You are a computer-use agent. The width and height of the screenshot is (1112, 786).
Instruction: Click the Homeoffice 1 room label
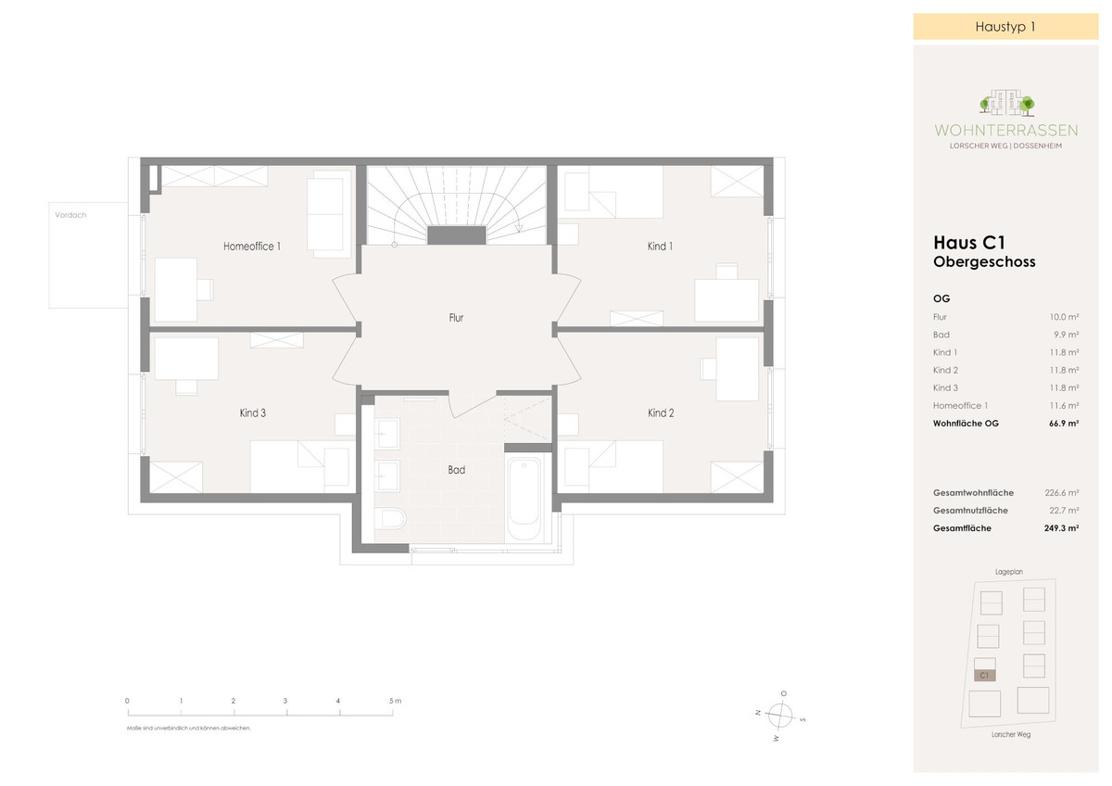click(x=252, y=247)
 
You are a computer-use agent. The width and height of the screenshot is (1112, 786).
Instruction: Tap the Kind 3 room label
click(x=253, y=413)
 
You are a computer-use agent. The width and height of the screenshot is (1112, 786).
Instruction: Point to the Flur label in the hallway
click(x=456, y=318)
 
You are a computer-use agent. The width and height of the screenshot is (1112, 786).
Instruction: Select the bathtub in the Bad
click(x=524, y=498)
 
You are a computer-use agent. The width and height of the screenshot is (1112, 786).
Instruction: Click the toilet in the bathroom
click(x=392, y=519)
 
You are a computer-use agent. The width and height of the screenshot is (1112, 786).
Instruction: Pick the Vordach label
click(x=70, y=215)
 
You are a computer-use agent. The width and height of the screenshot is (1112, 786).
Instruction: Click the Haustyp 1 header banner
click(x=1005, y=26)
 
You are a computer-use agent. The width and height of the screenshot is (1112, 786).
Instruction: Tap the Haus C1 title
click(x=969, y=243)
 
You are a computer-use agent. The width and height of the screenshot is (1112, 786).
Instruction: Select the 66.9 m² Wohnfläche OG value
click(x=1064, y=424)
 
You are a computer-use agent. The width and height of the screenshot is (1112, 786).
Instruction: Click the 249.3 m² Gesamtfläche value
click(x=1061, y=528)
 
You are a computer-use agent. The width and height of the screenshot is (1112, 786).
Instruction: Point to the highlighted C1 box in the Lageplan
click(x=984, y=676)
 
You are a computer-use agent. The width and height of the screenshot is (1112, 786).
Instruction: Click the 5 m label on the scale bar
click(x=395, y=701)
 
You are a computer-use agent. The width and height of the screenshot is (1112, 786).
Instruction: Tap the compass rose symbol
click(x=781, y=716)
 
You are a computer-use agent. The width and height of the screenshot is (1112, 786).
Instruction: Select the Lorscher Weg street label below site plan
click(x=1011, y=734)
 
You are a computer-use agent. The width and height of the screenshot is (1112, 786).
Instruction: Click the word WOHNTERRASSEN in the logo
click(x=1006, y=131)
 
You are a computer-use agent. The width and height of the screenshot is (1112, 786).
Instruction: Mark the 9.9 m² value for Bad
click(x=1067, y=335)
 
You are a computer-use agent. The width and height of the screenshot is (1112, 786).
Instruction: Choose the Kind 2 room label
click(x=661, y=413)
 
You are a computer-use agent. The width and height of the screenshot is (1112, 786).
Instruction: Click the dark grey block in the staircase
click(x=456, y=235)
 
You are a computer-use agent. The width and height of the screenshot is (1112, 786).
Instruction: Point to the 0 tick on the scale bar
click(x=128, y=714)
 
